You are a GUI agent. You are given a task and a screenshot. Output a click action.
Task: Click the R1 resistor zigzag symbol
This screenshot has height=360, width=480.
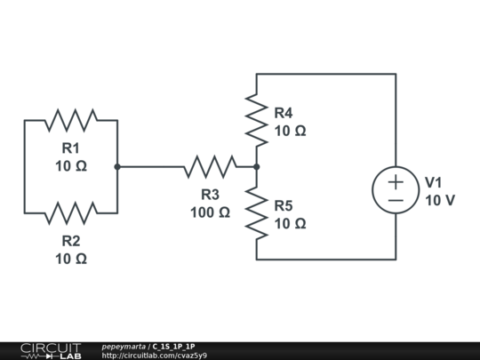71,119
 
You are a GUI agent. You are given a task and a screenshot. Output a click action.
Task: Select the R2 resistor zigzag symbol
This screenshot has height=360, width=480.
71,212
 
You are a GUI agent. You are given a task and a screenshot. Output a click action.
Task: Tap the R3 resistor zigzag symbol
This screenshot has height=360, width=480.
210,166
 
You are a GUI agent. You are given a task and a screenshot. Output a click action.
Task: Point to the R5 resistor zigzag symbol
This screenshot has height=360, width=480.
257,212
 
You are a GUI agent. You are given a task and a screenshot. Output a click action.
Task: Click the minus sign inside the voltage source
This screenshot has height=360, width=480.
396,200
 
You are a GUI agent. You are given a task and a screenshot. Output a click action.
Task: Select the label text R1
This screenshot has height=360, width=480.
71,148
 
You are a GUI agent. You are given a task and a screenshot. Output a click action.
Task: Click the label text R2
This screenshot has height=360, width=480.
71,240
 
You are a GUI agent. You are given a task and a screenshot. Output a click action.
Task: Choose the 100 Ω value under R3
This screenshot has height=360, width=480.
210,212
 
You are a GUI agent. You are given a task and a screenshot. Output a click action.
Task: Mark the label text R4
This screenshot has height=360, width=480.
283,113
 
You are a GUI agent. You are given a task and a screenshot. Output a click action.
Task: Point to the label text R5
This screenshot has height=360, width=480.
283,205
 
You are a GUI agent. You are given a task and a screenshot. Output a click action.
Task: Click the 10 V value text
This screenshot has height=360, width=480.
440,200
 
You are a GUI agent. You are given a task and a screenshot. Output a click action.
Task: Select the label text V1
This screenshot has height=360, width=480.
434,182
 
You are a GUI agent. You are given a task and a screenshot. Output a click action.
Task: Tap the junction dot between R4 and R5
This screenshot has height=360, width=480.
257,166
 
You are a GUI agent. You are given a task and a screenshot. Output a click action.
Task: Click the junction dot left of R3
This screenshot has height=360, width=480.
117,166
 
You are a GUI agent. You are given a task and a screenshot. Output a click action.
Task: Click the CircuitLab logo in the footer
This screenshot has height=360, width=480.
50,350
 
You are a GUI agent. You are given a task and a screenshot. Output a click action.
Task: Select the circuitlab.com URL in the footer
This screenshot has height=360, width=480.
155,356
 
